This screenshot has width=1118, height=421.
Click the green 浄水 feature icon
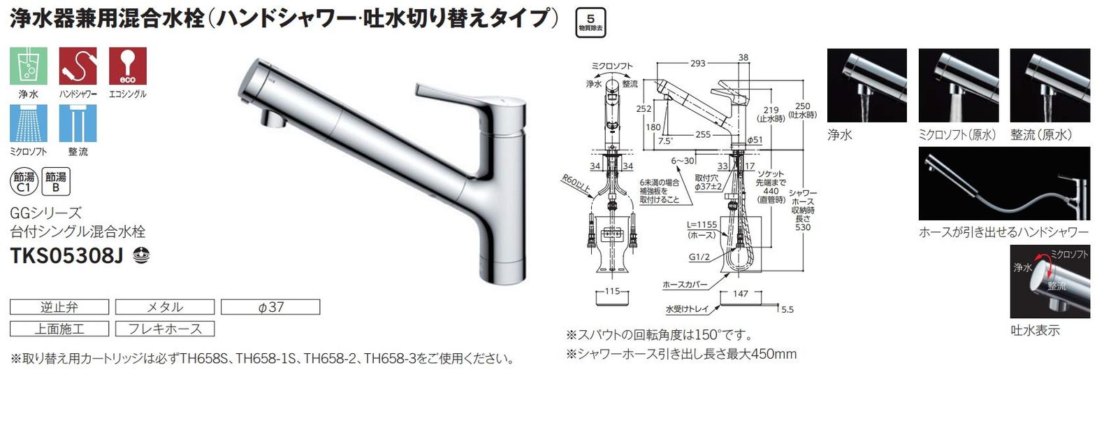pos(29,66)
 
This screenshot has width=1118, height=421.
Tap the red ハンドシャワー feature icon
pos(78,66)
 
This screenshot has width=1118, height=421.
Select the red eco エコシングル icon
pos(127,66)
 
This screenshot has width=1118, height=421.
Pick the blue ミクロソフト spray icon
pos(29,123)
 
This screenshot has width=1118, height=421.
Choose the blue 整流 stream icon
pos(78,123)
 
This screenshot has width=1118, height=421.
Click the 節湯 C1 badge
pos(24,182)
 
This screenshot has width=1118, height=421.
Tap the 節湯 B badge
pos(56,182)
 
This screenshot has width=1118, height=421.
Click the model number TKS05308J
pos(67,256)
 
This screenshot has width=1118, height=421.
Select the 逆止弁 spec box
pos(59,307)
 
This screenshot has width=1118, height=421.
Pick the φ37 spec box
pos(270,307)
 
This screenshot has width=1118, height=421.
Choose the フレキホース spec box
pos(164,329)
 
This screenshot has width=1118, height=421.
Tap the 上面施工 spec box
pos(59,329)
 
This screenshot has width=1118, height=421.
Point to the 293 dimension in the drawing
pos(697,64)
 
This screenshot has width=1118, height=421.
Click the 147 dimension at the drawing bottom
pos(741,294)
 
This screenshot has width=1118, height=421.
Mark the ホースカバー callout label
pos(685,285)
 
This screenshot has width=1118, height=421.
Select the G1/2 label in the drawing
pos(699,257)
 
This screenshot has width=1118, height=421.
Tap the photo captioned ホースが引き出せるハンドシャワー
pos(1004,183)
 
